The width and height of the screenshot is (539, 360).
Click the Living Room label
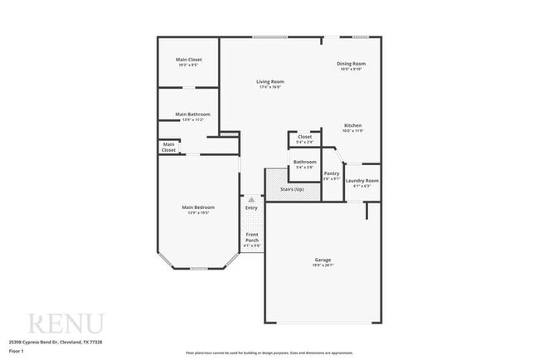(271, 81)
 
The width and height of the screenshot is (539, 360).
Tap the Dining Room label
(351, 64)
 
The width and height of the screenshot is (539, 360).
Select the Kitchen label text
(353, 125)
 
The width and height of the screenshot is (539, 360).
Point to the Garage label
(323, 260)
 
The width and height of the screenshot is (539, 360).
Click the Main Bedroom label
(198, 207)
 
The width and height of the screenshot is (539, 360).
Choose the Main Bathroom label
(192, 114)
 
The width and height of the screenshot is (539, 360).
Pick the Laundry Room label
(362, 180)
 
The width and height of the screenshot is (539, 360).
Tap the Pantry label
(332, 173)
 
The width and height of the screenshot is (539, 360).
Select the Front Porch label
(252, 238)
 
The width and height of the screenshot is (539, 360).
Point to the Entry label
(251, 207)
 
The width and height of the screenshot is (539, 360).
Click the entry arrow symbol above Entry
(251, 199)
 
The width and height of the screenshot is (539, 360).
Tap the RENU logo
(66, 323)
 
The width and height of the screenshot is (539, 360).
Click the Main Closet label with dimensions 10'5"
(188, 60)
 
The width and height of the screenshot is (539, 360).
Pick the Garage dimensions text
(323, 265)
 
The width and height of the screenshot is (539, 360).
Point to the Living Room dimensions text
(271, 87)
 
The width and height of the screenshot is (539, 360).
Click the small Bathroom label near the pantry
(304, 162)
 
